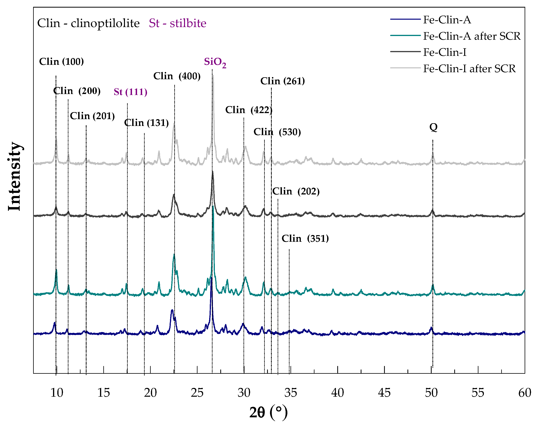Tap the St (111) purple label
130,92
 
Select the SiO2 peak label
215,62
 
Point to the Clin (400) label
177,76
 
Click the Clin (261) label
282,81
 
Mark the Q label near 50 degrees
433,127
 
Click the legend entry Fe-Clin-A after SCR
472,36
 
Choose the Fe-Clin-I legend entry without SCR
445,52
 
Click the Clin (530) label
277,132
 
